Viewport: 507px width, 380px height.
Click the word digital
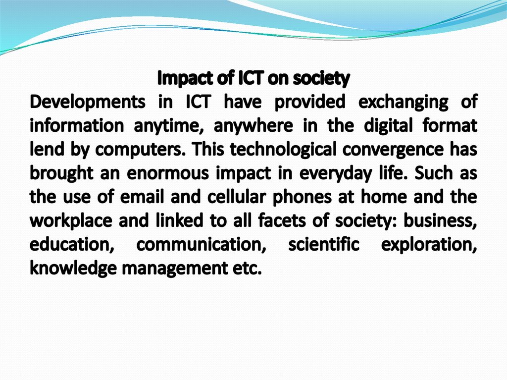(388, 125)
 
